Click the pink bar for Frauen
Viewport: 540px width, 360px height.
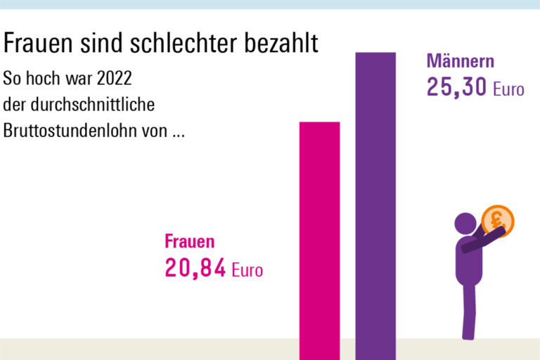[x=320, y=239]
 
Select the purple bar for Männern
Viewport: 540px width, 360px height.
[x=375, y=204]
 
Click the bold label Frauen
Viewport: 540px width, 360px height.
[x=189, y=242]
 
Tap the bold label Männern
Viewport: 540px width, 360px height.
[x=461, y=61]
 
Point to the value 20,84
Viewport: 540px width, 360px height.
[x=195, y=268]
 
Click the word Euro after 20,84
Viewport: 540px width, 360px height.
[x=247, y=269]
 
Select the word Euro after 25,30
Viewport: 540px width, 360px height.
[x=508, y=89]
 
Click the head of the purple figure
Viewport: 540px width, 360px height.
[x=465, y=224]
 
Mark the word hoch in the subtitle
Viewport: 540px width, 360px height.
[x=43, y=76]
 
